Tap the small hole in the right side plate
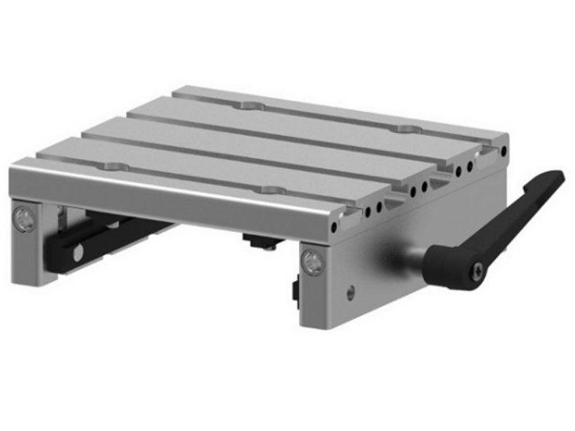point(350,292)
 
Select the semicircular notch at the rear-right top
point(410,129)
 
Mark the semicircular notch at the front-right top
point(271,190)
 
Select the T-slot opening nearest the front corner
point(351,211)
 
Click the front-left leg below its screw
point(26,259)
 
